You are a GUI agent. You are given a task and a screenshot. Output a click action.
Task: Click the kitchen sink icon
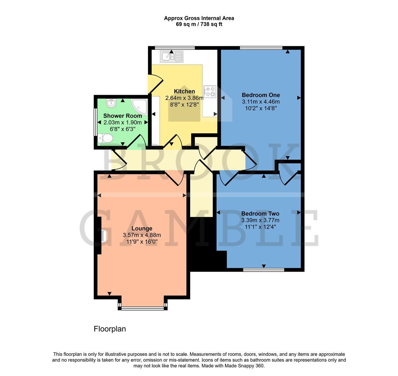171,56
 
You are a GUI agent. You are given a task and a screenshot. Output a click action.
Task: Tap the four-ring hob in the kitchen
210,92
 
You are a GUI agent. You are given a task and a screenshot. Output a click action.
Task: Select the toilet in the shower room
105,139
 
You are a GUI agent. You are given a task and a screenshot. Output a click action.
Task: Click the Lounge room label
142,228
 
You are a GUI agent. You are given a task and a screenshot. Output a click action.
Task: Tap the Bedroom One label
261,95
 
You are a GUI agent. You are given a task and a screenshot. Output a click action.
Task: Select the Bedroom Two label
260,213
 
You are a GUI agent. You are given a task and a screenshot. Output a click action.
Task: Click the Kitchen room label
184,91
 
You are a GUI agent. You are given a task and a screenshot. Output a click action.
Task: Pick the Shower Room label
123,116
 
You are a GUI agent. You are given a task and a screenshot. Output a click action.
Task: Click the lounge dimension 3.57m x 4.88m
142,235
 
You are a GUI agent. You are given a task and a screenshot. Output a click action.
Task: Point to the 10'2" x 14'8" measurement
261,108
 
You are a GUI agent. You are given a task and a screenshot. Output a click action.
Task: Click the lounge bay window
142,307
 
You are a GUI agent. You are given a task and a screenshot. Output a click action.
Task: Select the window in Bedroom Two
264,269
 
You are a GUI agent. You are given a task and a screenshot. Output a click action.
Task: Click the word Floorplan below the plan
110,329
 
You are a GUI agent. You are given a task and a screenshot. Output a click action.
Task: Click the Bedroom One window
261,48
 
